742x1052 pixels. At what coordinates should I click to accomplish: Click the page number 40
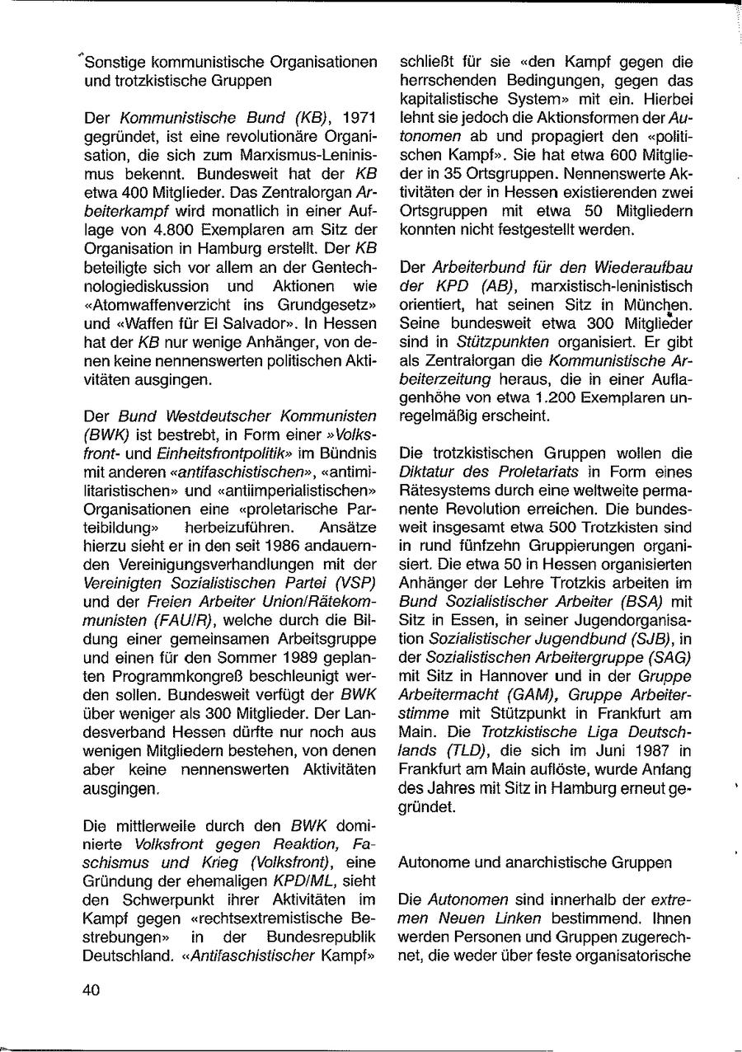click(91, 990)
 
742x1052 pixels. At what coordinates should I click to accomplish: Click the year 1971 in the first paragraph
click(359, 118)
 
